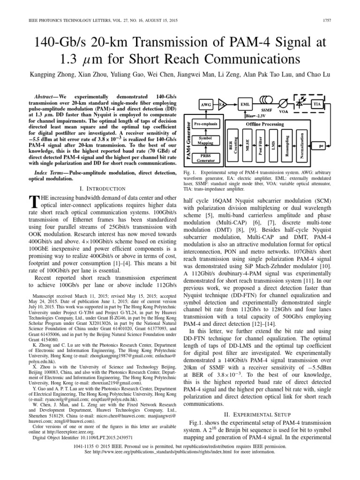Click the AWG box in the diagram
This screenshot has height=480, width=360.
point(205,104)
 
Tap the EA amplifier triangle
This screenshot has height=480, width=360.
point(222,104)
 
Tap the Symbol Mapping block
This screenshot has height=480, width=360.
point(206,141)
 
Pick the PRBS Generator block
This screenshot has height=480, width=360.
point(206,157)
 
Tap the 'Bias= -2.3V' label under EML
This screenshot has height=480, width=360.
point(255,114)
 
